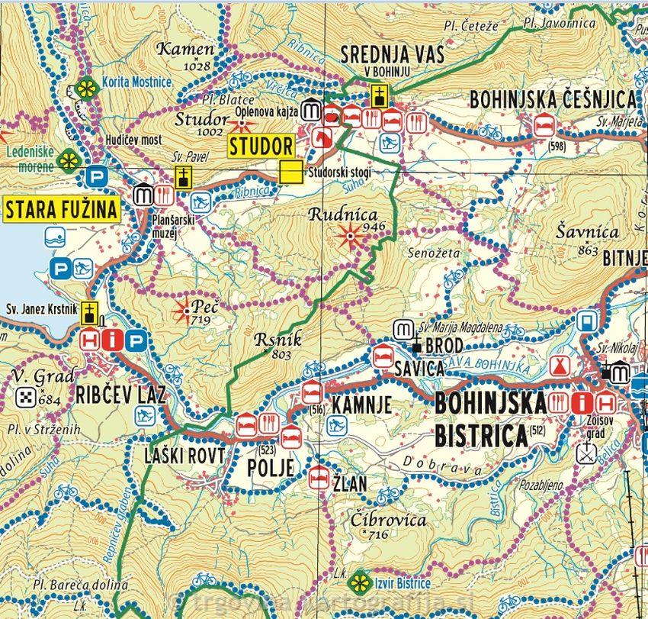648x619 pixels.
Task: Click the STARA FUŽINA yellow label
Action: pos(63,209)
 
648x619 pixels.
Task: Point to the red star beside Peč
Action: pos(184,311)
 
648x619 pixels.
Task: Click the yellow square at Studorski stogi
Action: pos(289,172)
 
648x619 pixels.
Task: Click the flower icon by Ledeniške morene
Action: pos(69,161)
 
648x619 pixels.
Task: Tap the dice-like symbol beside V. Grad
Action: pos(25,396)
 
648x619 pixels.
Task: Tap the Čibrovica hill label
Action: pos(389,520)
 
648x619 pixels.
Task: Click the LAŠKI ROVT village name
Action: pos(184,456)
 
